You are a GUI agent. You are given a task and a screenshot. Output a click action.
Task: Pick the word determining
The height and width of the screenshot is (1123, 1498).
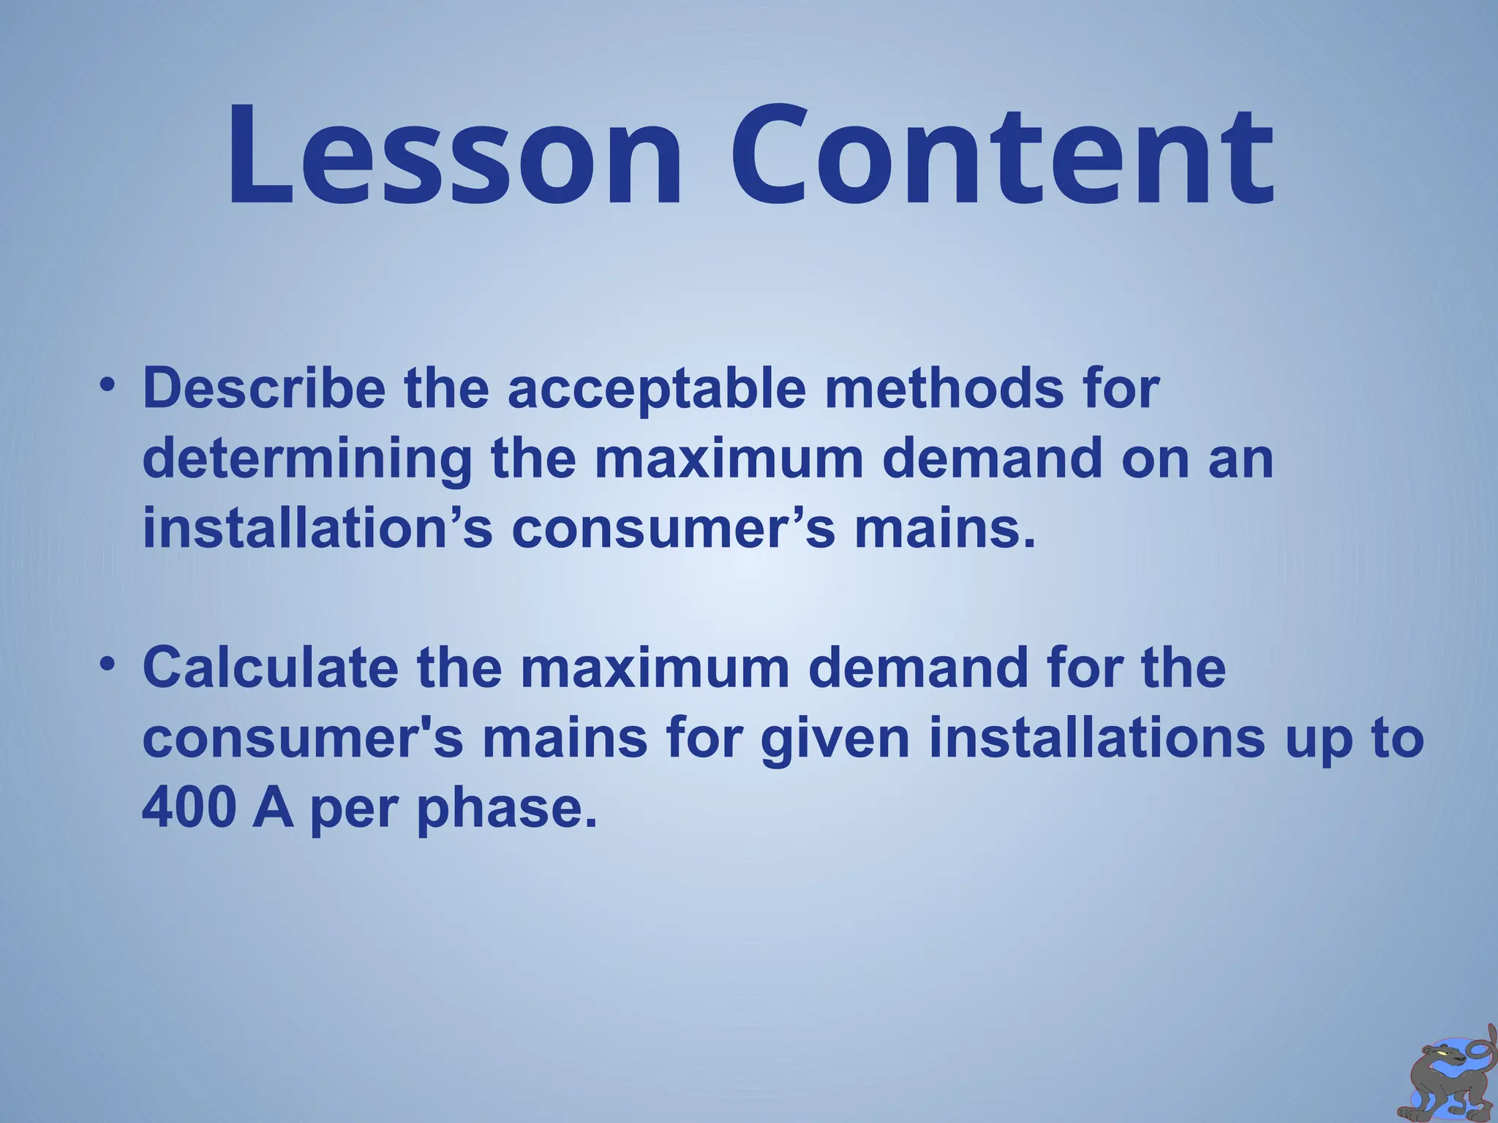coord(307,461)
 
